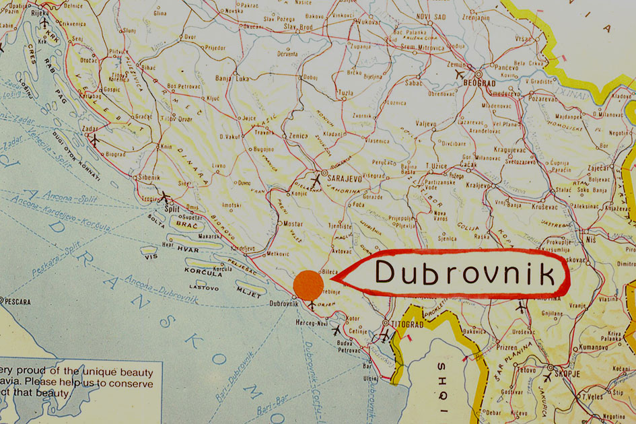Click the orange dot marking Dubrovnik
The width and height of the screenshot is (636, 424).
click(x=309, y=285)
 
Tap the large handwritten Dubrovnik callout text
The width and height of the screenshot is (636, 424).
click(x=465, y=273)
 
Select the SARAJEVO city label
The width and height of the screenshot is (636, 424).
click(x=345, y=180)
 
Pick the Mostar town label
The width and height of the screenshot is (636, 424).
click(x=293, y=222)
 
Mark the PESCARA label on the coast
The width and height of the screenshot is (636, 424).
click(x=17, y=302)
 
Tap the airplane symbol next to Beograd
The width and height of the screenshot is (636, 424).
click(x=460, y=73)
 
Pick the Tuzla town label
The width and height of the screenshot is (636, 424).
click(x=345, y=92)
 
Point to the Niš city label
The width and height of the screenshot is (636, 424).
click(x=590, y=238)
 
